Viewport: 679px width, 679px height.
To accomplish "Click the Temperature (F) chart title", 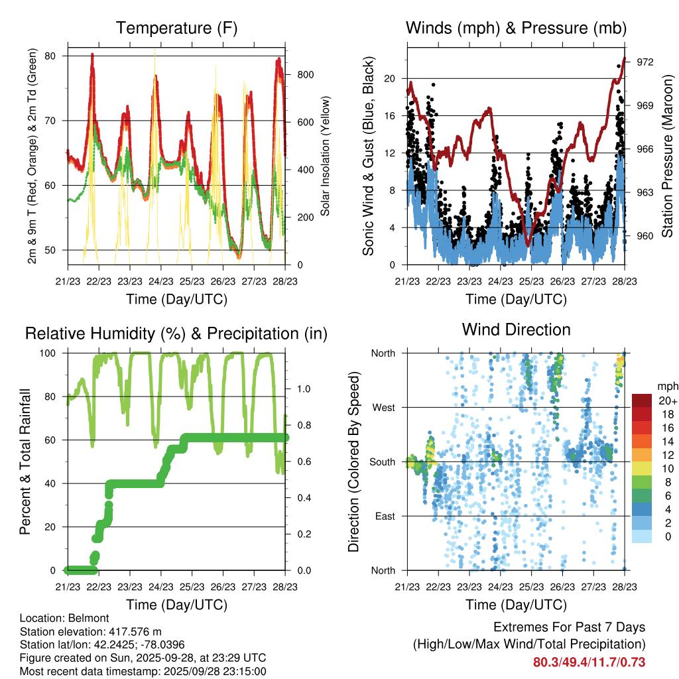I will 176,29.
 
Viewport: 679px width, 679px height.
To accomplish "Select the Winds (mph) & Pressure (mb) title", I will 516,29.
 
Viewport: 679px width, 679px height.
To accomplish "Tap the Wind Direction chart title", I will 516,330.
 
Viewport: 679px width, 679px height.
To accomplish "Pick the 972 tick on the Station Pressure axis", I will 645,62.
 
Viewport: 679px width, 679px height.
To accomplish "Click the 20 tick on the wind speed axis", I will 390,78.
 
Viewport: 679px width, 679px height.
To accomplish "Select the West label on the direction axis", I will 384,407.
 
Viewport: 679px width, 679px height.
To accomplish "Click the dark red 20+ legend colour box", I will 643,401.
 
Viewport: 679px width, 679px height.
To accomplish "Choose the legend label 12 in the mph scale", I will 666,454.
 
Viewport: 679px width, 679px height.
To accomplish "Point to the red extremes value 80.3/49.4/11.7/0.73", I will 589,662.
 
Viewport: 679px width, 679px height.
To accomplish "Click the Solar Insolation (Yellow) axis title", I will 325,156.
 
